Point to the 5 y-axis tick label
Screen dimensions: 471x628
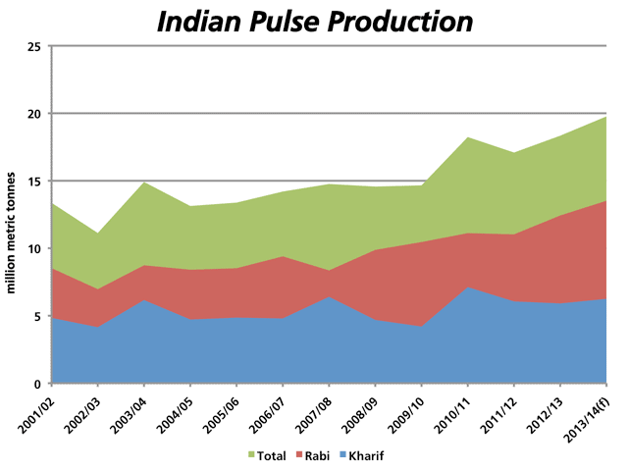coord(36,316)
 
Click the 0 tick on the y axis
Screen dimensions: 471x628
coord(36,384)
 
